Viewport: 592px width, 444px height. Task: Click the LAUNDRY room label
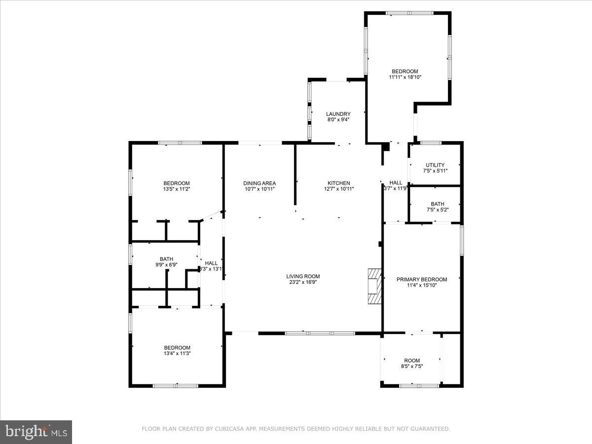click(338, 114)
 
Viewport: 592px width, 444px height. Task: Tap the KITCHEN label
click(338, 183)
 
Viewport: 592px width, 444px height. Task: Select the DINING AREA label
click(259, 183)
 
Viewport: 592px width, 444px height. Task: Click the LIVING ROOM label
click(303, 276)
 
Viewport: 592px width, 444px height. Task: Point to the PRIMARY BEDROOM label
click(422, 279)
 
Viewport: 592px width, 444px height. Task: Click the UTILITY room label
click(435, 165)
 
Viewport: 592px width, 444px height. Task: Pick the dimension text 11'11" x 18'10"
click(405, 77)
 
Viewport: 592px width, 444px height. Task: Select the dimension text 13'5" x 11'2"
click(176, 189)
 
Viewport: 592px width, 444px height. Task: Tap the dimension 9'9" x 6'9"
click(166, 265)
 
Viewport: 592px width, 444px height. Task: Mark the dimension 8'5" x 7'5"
click(412, 366)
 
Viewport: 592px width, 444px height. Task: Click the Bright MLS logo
click(36, 432)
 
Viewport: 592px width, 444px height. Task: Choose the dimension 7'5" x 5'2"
click(437, 210)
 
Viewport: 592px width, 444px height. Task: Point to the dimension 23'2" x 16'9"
click(303, 282)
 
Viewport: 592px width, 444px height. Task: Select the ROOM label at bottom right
click(412, 360)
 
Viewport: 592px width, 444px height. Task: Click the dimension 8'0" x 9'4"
click(338, 119)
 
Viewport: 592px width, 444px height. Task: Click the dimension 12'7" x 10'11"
click(338, 189)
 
